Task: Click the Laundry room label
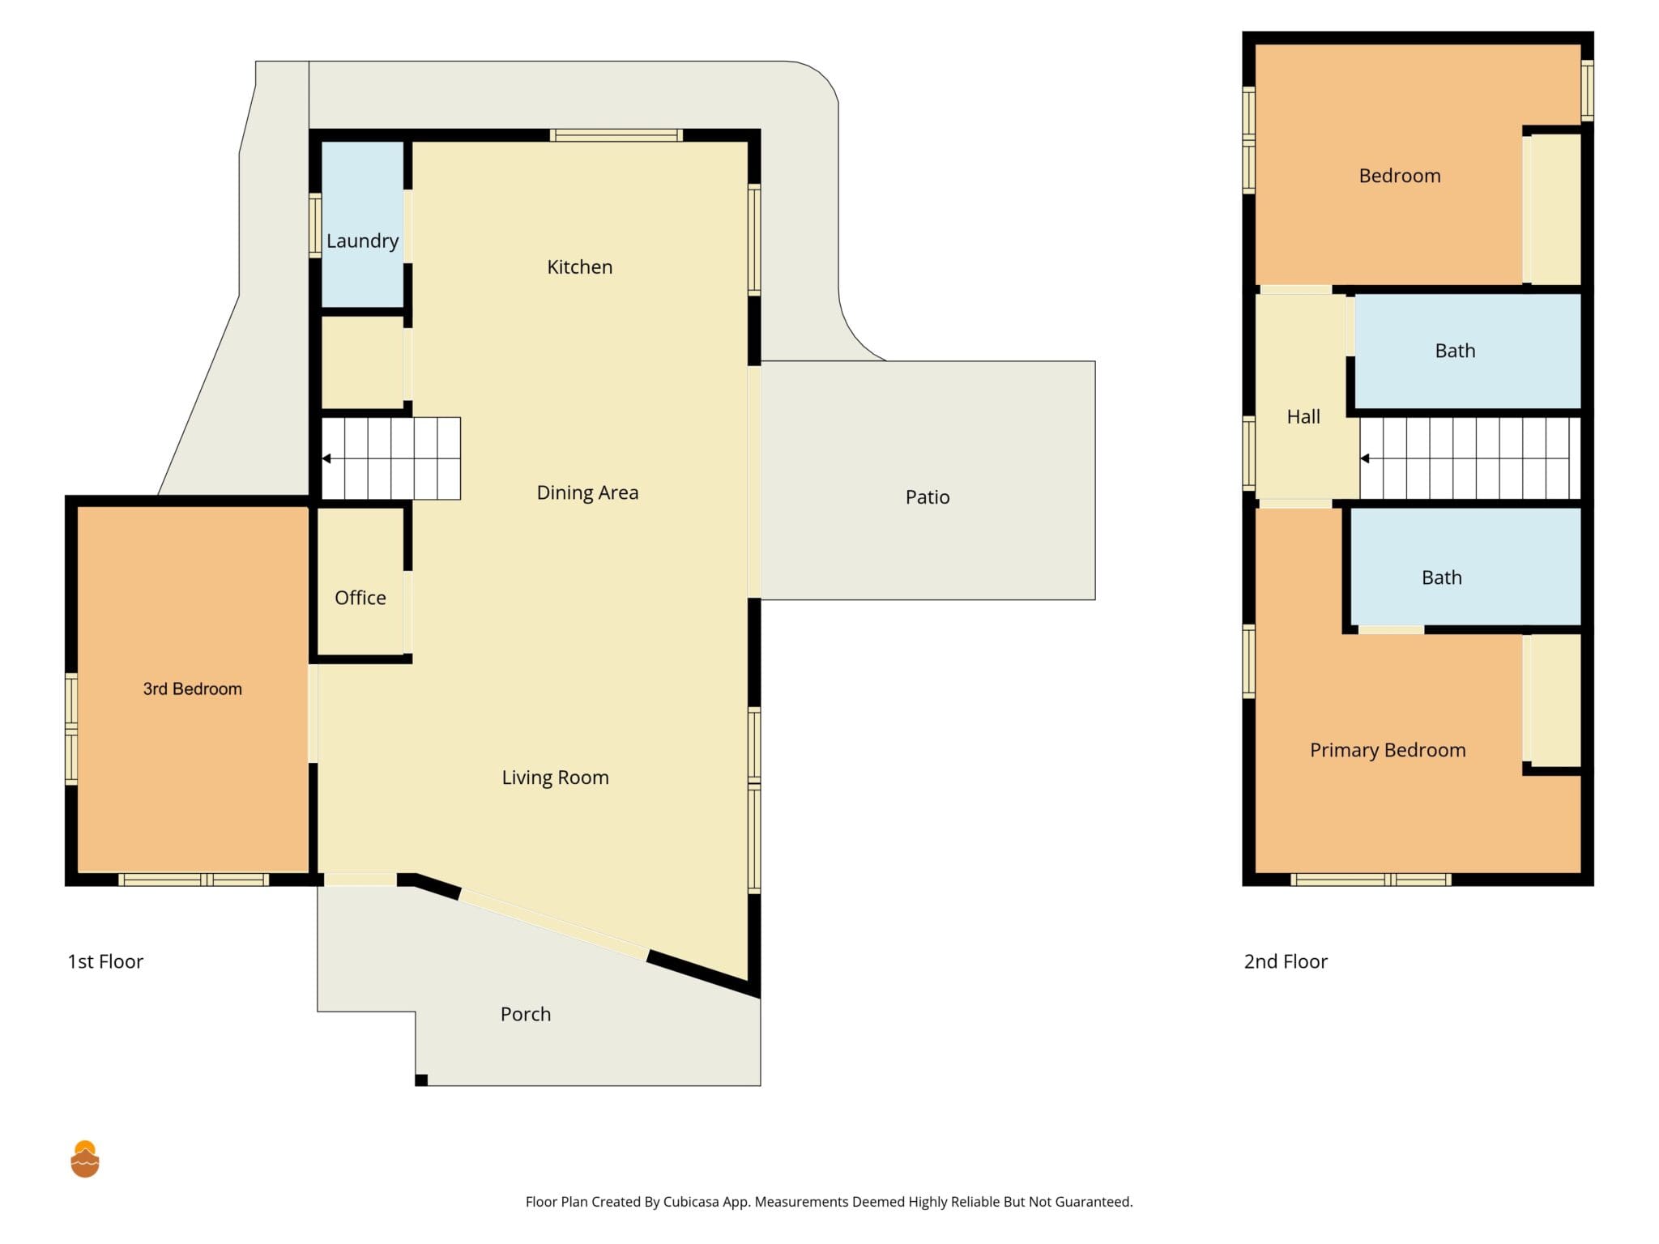click(x=362, y=241)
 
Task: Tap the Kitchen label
click(x=580, y=267)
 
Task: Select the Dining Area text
click(x=587, y=493)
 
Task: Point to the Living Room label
click(x=555, y=778)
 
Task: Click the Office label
click(x=360, y=598)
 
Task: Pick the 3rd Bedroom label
click(x=193, y=689)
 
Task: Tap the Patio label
click(x=928, y=497)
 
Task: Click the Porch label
click(x=526, y=1014)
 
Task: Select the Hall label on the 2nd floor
click(x=1303, y=417)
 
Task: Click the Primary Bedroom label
click(x=1388, y=751)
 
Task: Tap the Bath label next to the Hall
click(x=1455, y=351)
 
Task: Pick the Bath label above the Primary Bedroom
click(x=1442, y=577)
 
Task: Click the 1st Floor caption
click(x=105, y=961)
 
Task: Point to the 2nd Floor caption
click(x=1286, y=961)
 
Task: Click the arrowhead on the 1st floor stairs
click(x=326, y=458)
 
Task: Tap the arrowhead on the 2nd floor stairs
click(x=1365, y=458)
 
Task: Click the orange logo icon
click(x=85, y=1159)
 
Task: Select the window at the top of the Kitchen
click(x=616, y=135)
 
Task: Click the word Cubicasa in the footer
click(x=691, y=1202)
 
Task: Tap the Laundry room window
click(x=315, y=226)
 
